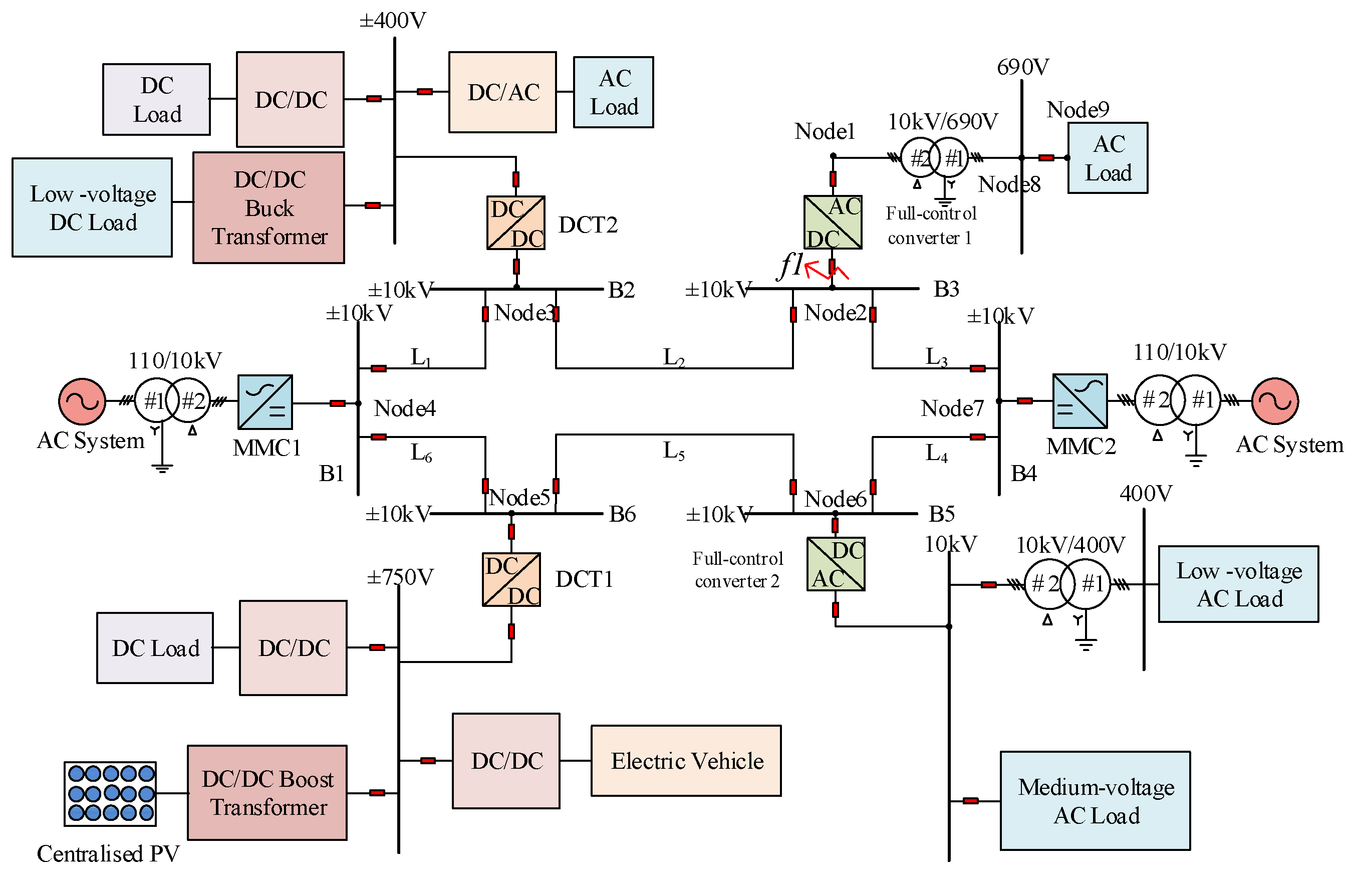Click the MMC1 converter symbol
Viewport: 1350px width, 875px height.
(x=265, y=402)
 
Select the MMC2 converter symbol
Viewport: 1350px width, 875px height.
(x=1079, y=400)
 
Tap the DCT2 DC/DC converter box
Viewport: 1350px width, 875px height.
(x=515, y=223)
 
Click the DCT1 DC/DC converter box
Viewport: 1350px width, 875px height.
(x=511, y=579)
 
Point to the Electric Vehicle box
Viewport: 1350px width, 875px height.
(x=686, y=760)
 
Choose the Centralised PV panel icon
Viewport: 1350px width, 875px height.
(x=110, y=793)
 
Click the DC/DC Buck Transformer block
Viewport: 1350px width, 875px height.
(x=268, y=207)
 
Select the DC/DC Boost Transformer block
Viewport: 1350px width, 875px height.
(x=267, y=792)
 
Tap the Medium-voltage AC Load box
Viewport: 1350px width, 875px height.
(x=1095, y=800)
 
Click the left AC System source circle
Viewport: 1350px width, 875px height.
(x=82, y=401)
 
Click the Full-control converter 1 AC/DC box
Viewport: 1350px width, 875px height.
(x=832, y=222)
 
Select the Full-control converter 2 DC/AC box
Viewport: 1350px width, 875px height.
(x=835, y=564)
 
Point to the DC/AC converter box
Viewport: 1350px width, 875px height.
(x=502, y=92)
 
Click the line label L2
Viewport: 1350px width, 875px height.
(x=674, y=357)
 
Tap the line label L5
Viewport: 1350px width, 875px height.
(x=674, y=451)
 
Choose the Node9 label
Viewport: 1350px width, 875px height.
(x=1077, y=110)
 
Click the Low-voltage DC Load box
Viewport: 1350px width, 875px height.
(x=93, y=207)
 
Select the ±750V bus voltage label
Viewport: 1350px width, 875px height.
(x=400, y=577)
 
